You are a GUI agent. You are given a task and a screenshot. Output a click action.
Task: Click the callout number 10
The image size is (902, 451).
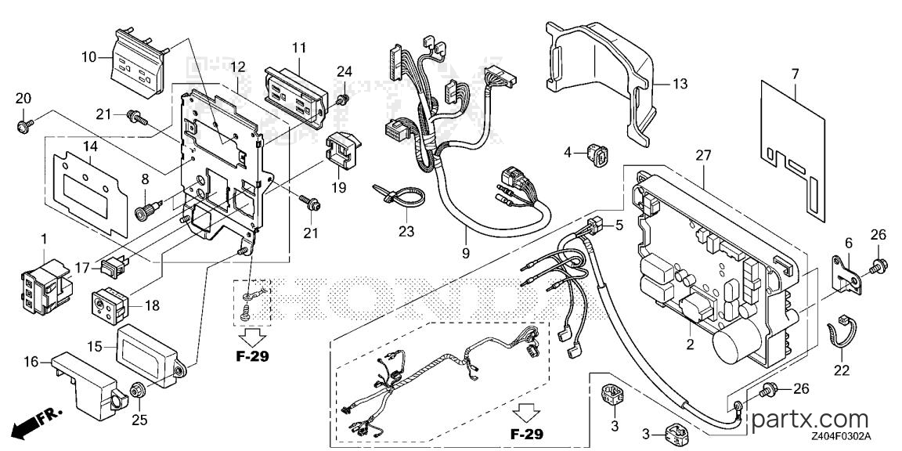click(89, 57)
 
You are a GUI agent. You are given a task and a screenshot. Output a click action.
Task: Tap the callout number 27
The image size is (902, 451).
click(704, 155)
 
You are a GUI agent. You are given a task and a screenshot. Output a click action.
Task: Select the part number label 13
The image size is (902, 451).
click(680, 84)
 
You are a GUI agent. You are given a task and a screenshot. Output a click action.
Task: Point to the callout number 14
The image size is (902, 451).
click(88, 146)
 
